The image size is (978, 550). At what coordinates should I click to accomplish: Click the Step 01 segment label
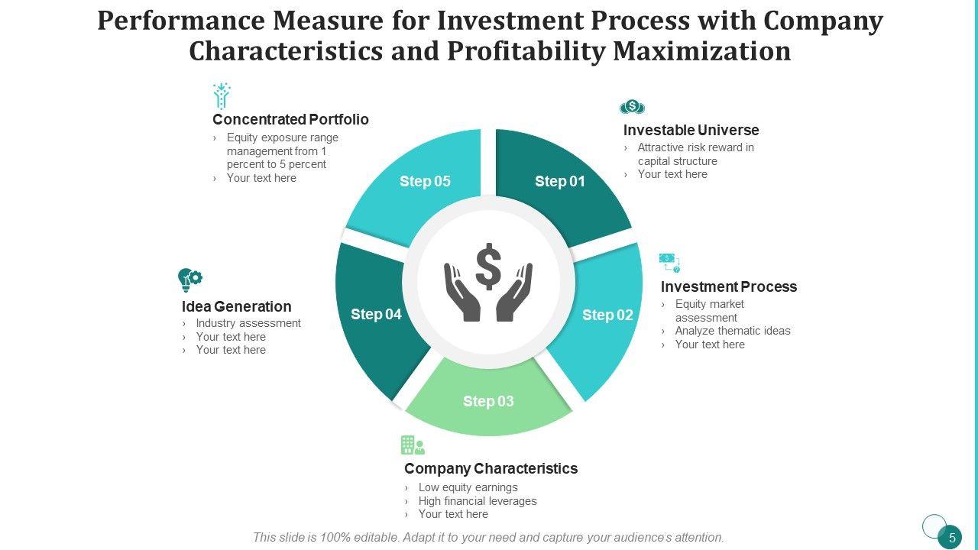coord(559,181)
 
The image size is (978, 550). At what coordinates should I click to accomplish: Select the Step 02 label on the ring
coord(607,315)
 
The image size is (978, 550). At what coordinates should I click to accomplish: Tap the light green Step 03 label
coord(488,401)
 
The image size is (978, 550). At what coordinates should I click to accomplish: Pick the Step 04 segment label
coord(376,314)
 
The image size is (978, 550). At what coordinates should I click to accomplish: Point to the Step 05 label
coord(425,181)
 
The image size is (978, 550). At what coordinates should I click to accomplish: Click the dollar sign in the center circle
coord(488,264)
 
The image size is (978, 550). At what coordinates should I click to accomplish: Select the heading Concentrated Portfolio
coord(290,119)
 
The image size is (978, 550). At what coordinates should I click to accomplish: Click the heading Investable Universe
coord(691,130)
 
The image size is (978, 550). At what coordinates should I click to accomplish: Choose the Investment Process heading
coord(728,286)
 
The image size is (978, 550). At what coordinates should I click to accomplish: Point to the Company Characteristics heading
coord(491,468)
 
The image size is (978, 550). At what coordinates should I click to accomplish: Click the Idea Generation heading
coord(236,306)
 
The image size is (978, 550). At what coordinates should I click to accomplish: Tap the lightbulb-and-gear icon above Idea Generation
coord(189,280)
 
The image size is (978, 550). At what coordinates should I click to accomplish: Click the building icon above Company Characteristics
coord(412,445)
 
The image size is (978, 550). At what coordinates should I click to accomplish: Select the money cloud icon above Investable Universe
coord(633,107)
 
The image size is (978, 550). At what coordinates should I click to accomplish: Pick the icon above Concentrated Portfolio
coord(222,96)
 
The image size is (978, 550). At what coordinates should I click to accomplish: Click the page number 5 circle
coord(951,538)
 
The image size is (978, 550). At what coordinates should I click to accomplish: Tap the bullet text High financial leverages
coord(478,501)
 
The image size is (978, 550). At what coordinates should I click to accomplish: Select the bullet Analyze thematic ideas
coord(733,331)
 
